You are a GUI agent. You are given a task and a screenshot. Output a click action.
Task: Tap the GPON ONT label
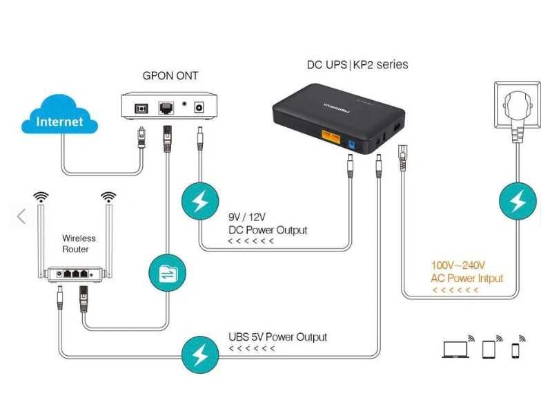coord(170,75)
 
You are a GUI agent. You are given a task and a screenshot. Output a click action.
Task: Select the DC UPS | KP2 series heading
coord(357,65)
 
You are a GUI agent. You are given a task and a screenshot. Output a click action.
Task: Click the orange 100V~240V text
coord(458,265)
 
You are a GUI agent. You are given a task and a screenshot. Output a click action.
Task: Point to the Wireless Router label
coord(79,243)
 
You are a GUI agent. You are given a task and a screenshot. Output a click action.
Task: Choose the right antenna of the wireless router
coord(108,228)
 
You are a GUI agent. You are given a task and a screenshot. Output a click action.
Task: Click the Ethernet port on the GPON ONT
coord(166,107)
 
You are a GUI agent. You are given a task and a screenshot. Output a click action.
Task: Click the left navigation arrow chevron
coord(21,216)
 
